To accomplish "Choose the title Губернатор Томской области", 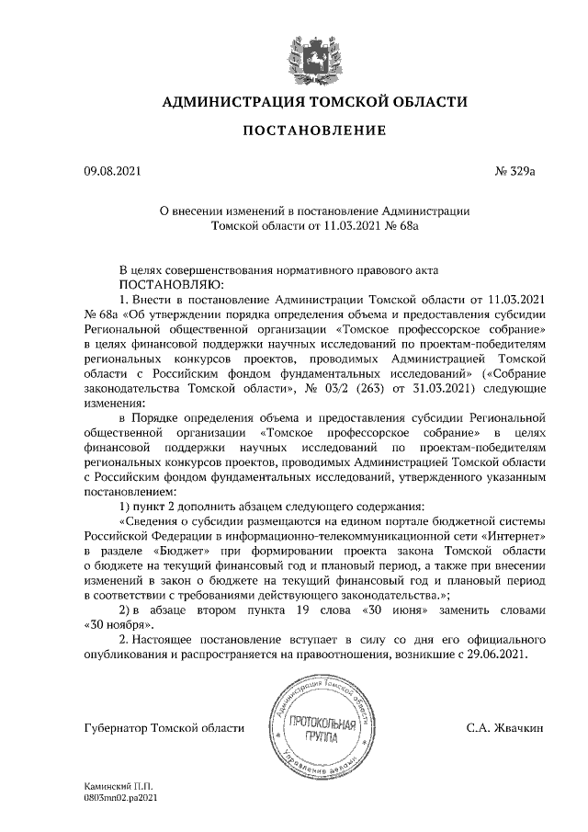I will [163, 728].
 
